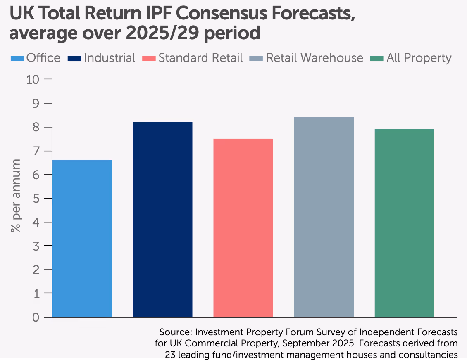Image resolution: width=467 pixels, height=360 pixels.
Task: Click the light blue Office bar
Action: point(82,239)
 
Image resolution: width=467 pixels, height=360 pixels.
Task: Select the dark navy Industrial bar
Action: point(162,220)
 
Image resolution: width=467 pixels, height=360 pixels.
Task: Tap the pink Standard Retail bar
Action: point(243,228)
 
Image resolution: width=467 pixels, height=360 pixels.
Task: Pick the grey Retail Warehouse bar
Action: point(324,217)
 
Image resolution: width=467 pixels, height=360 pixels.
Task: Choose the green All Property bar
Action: point(405,223)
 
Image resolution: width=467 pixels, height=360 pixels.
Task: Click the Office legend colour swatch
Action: point(17,58)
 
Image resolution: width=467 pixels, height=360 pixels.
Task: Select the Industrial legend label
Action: point(110,58)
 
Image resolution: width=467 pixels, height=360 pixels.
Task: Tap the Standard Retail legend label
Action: point(200,58)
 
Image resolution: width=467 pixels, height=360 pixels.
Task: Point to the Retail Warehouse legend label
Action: point(315,58)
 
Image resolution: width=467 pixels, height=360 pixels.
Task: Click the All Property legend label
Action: point(419,58)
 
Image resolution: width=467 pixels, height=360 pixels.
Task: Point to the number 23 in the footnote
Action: point(170,354)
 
